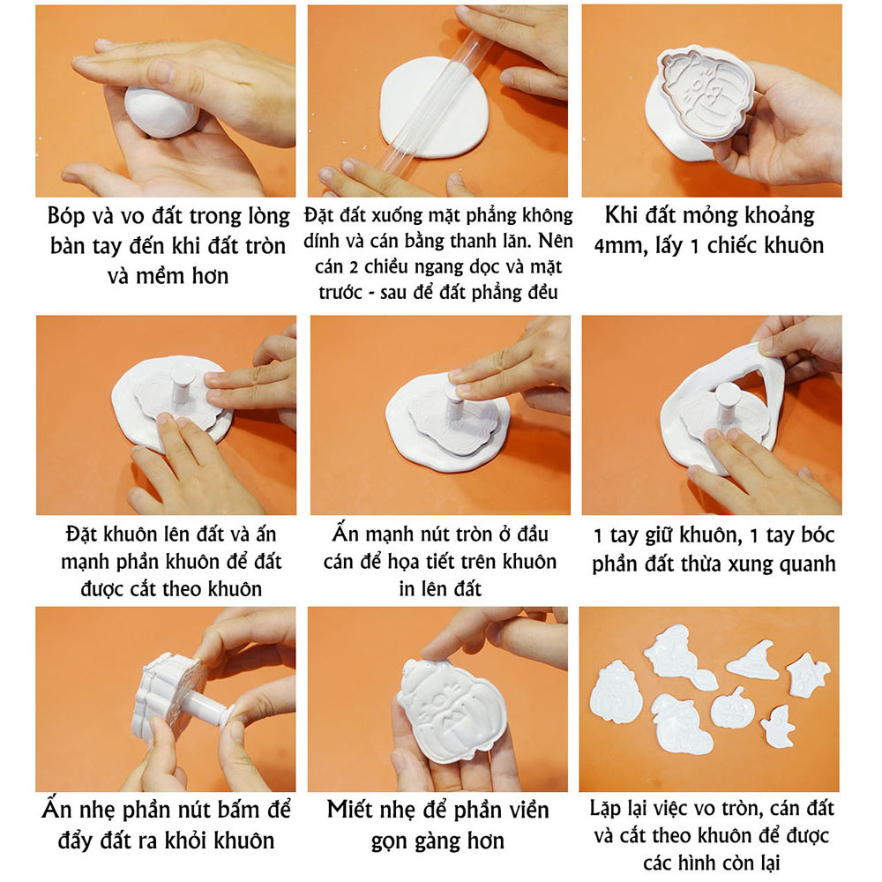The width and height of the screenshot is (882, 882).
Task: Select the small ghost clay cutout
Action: [778, 726]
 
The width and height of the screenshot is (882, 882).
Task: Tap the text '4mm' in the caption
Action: [627, 244]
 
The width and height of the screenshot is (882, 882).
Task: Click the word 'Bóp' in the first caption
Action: [71, 216]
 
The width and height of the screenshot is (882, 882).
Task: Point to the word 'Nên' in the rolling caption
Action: [553, 240]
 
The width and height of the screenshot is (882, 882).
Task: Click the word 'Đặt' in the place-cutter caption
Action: [85, 535]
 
